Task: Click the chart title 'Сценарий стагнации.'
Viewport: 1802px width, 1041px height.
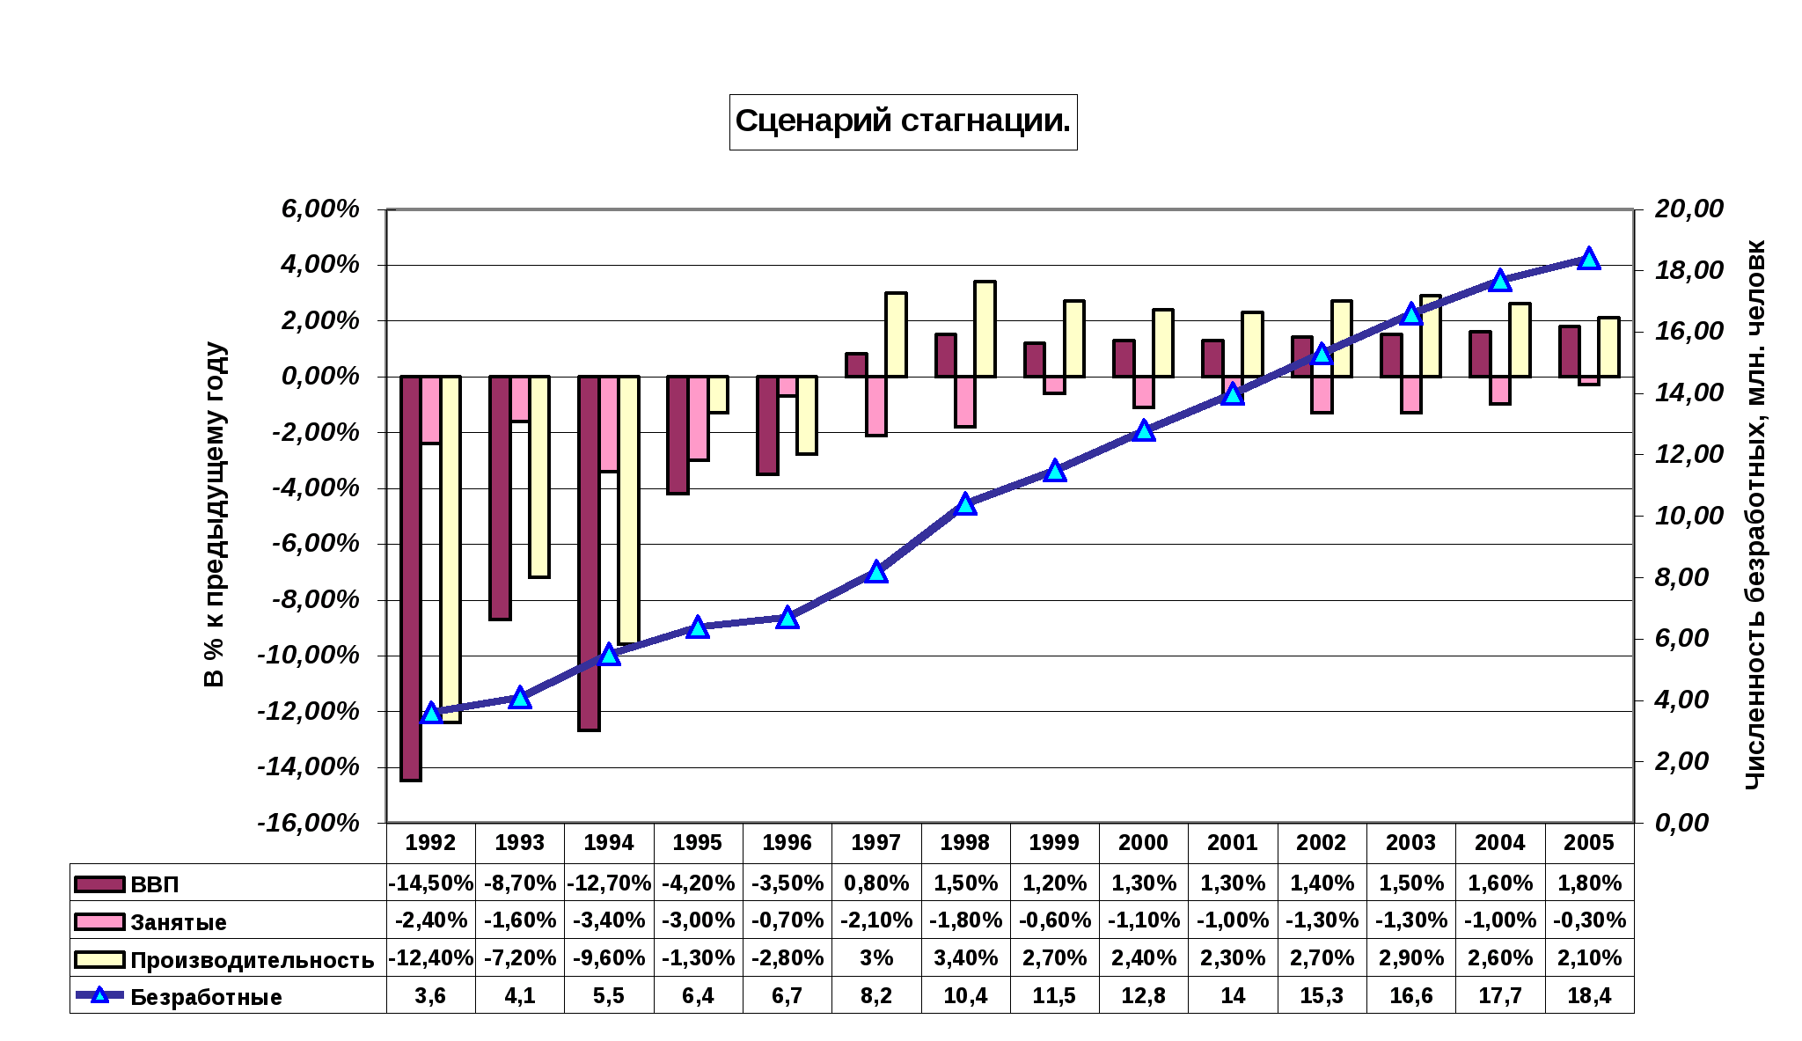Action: tap(903, 121)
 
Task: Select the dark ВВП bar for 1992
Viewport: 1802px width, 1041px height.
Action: tap(411, 578)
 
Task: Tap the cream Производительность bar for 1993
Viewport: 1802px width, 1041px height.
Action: tap(539, 476)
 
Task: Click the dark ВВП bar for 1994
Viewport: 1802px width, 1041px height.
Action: tap(590, 553)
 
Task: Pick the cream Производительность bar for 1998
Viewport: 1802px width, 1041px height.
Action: tap(985, 329)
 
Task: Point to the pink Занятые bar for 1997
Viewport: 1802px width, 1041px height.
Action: tap(876, 406)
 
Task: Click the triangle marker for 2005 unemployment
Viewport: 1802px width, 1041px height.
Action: tap(1588, 259)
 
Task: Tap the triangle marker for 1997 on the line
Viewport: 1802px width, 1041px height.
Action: tap(875, 572)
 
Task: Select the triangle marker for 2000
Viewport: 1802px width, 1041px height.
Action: tap(1144, 430)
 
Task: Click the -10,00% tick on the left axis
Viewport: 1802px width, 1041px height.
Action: tap(309, 656)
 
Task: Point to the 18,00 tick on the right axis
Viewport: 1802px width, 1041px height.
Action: tap(1688, 270)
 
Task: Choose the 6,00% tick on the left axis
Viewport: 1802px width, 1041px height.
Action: tap(320, 209)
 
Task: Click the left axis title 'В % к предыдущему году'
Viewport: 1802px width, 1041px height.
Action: tap(214, 515)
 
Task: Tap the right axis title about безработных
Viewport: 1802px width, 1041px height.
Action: tap(1755, 515)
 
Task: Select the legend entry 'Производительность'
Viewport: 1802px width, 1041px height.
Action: tap(252, 960)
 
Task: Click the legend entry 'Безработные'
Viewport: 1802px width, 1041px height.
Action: tap(206, 997)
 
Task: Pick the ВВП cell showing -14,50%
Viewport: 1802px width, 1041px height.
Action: tap(431, 883)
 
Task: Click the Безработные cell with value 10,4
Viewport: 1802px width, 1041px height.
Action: tap(965, 996)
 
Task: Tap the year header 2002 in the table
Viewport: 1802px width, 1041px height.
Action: tap(1322, 843)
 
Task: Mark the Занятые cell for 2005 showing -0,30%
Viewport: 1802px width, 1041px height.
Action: tap(1589, 920)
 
